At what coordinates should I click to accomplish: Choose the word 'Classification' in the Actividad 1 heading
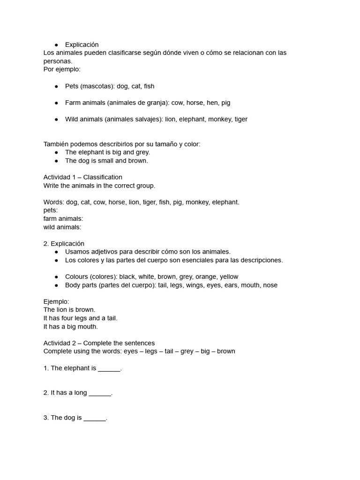coord(103,177)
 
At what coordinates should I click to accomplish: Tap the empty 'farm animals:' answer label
coord(63,219)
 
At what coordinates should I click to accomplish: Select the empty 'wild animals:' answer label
coord(62,227)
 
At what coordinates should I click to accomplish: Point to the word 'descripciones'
coord(262,260)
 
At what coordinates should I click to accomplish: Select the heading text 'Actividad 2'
coord(61,343)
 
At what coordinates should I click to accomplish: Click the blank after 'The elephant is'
coord(109,368)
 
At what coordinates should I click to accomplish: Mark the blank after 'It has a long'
coord(100,393)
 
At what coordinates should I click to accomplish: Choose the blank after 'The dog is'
coord(95,418)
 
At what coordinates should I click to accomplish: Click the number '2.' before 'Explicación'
coord(46,244)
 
